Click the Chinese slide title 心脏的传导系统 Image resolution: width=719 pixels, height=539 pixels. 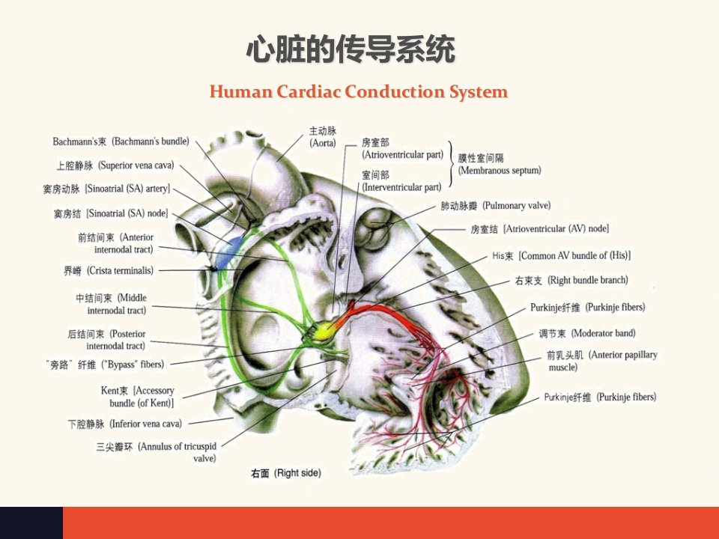pos(351,49)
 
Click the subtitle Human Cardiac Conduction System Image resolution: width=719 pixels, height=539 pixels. pos(359,91)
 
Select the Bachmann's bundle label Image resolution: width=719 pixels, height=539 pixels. pos(121,141)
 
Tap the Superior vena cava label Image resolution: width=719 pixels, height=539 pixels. pos(115,165)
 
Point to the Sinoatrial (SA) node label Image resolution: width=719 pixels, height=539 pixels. pos(111,213)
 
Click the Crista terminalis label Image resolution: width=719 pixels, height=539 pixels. pos(108,270)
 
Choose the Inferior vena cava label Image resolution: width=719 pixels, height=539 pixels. pos(125,424)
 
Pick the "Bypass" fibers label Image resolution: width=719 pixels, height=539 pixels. pos(105,365)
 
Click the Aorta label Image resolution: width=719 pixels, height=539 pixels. pos(323,136)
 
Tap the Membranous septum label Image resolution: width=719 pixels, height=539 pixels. pos(500,164)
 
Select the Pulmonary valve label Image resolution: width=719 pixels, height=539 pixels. pos(496,205)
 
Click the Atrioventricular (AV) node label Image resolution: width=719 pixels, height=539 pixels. pos(540,228)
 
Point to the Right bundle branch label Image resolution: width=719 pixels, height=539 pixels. pos(571,280)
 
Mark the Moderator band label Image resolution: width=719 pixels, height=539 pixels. pos(587,333)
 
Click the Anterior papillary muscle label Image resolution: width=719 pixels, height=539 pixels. pos(602,361)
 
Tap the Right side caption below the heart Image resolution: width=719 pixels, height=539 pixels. pos(285,473)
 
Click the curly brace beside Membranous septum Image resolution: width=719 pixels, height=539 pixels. pos(451,164)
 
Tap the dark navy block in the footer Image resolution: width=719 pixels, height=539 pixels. pos(31,523)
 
